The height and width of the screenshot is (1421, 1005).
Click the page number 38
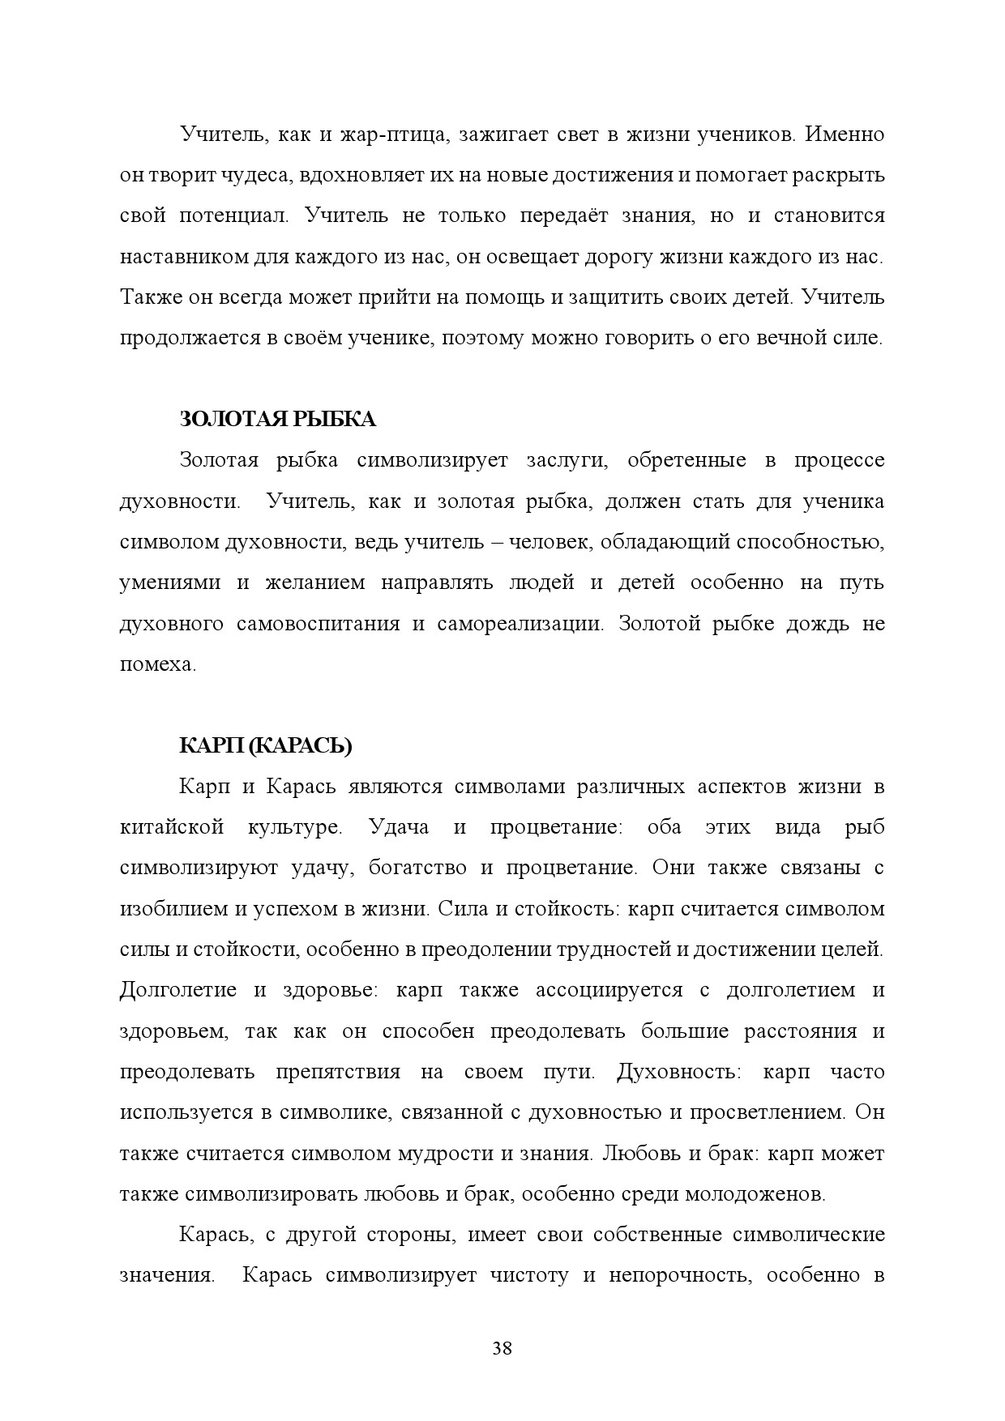click(x=502, y=1349)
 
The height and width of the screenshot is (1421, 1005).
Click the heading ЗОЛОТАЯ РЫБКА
click(x=277, y=420)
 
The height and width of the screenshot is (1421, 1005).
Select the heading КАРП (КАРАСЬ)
click(x=265, y=746)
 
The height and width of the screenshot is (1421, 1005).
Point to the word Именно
click(x=845, y=134)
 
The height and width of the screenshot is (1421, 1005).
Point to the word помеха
click(x=156, y=665)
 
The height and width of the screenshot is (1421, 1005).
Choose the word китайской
click(x=171, y=828)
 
